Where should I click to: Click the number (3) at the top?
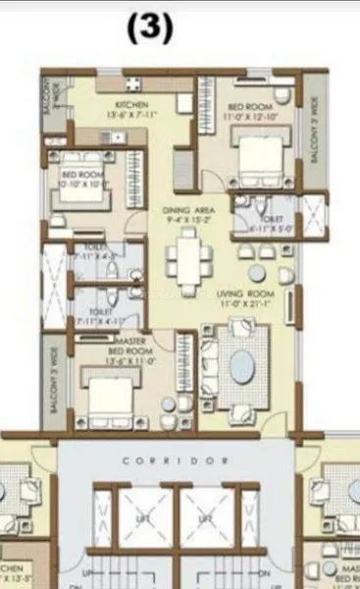(x=149, y=29)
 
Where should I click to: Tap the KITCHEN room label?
(x=131, y=103)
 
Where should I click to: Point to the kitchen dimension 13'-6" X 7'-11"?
(x=131, y=113)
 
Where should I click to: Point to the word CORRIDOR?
(x=179, y=459)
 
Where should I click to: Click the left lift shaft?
(x=141, y=517)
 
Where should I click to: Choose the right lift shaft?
(x=205, y=517)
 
